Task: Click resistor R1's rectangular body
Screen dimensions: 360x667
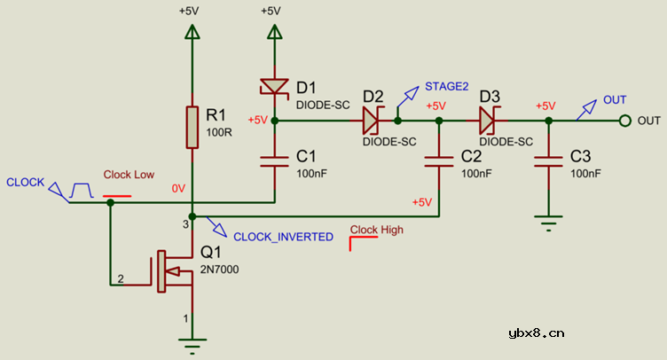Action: coord(192,127)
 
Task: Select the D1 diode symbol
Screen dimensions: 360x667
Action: coord(274,87)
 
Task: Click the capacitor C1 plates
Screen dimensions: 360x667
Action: coord(274,160)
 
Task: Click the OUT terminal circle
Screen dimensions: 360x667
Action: coord(624,121)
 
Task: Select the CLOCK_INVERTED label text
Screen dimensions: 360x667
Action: coord(283,237)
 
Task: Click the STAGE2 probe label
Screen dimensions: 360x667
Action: coord(446,86)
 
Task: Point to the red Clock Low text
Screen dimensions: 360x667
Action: coord(129,175)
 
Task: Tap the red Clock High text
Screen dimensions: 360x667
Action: coord(377,230)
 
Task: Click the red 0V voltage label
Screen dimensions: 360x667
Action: coord(178,188)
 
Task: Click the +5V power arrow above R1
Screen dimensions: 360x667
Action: coord(192,32)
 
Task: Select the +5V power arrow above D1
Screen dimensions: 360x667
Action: coord(274,32)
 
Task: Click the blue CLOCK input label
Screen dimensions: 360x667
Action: coord(25,182)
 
